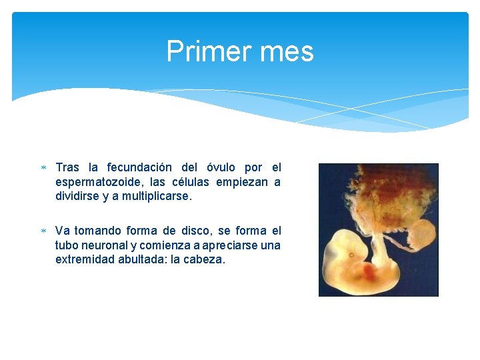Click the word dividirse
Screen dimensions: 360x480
[x=79, y=197]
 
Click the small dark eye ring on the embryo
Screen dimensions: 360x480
[x=351, y=255]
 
